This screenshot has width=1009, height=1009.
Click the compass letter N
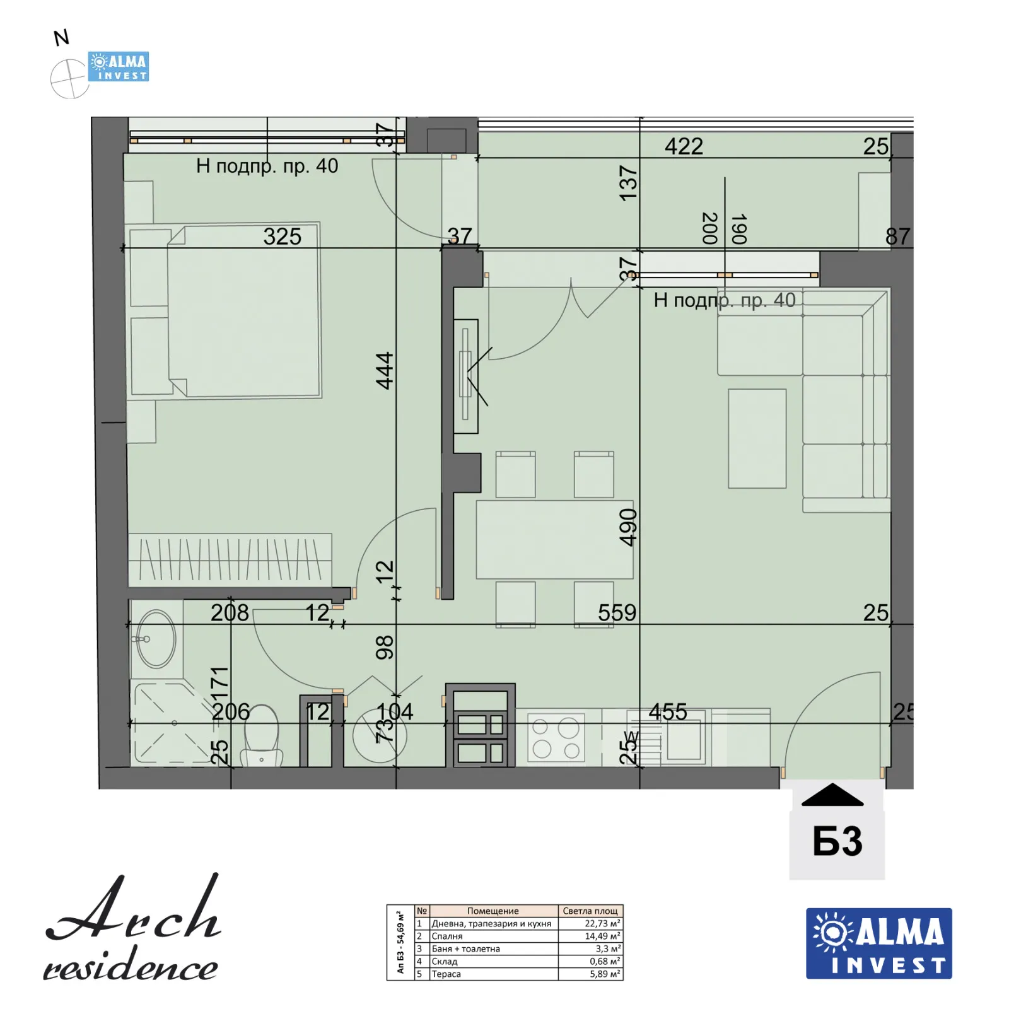pyautogui.click(x=61, y=38)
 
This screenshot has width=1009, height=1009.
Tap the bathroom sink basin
pyautogui.click(x=156, y=639)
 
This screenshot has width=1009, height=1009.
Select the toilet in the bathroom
pyautogui.click(x=261, y=735)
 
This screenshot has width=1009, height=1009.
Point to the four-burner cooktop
pyautogui.click(x=556, y=737)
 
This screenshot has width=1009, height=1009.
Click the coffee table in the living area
pyautogui.click(x=757, y=438)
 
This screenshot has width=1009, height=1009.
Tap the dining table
pyautogui.click(x=554, y=539)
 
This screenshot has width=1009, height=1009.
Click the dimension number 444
pyautogui.click(x=384, y=371)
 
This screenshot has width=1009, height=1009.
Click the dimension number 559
pyautogui.click(x=617, y=613)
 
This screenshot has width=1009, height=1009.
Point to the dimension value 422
pyautogui.click(x=684, y=147)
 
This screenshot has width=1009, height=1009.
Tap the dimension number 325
pyautogui.click(x=282, y=237)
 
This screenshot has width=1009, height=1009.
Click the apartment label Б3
pyautogui.click(x=837, y=841)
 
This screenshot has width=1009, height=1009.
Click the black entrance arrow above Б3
pyautogui.click(x=832, y=796)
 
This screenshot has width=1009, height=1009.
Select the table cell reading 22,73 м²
pyautogui.click(x=590, y=923)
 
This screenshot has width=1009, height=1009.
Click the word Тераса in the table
pyautogui.click(x=446, y=974)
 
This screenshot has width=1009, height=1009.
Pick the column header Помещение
pyautogui.click(x=493, y=911)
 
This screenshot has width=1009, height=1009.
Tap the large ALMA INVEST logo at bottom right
pyautogui.click(x=878, y=943)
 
